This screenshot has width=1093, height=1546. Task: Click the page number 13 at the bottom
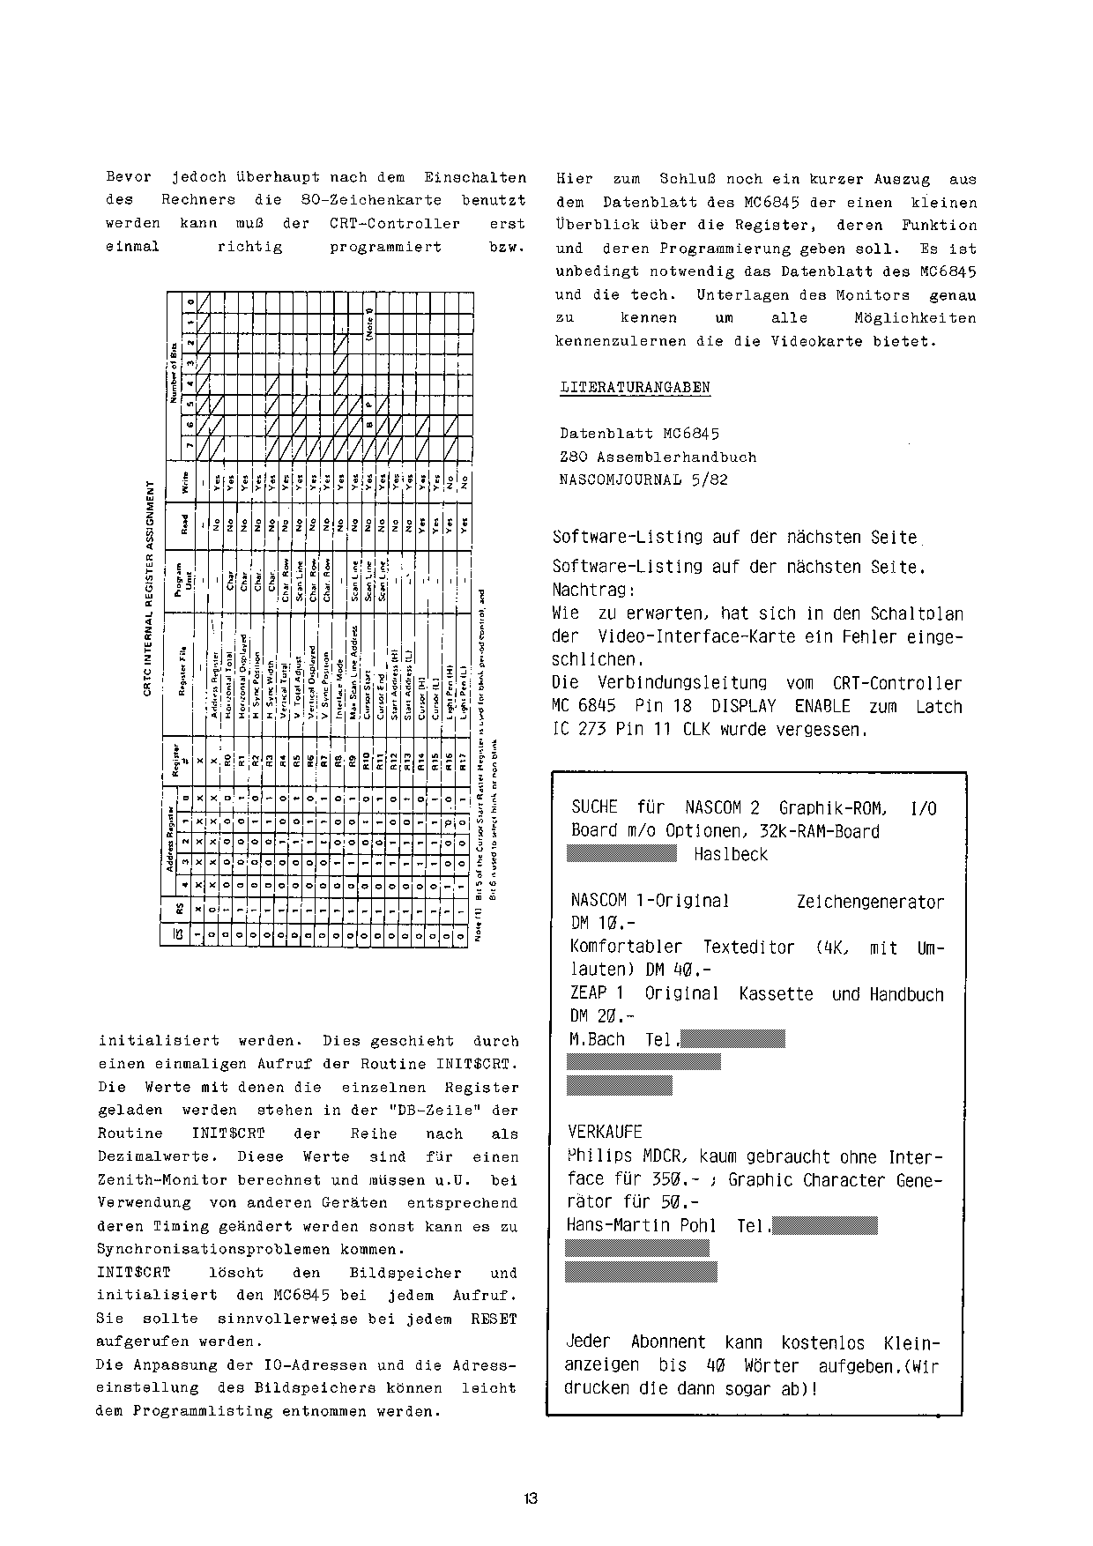tap(530, 1498)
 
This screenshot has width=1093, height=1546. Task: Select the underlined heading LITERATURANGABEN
tap(636, 387)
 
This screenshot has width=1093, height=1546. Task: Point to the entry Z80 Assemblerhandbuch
tap(658, 457)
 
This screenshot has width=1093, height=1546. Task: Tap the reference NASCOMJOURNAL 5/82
tap(643, 479)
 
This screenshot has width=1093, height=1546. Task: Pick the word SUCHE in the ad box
tap(596, 807)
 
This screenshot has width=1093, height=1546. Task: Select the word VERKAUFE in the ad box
tap(606, 1132)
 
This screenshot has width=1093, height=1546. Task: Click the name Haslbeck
tap(731, 854)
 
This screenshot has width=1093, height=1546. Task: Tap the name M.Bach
tap(597, 1039)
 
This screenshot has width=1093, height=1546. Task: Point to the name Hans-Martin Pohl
tap(643, 1225)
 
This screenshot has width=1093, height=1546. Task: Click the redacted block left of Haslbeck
tap(621, 854)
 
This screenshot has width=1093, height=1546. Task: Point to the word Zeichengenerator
tap(870, 902)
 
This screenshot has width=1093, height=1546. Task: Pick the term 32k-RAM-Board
tap(821, 830)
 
